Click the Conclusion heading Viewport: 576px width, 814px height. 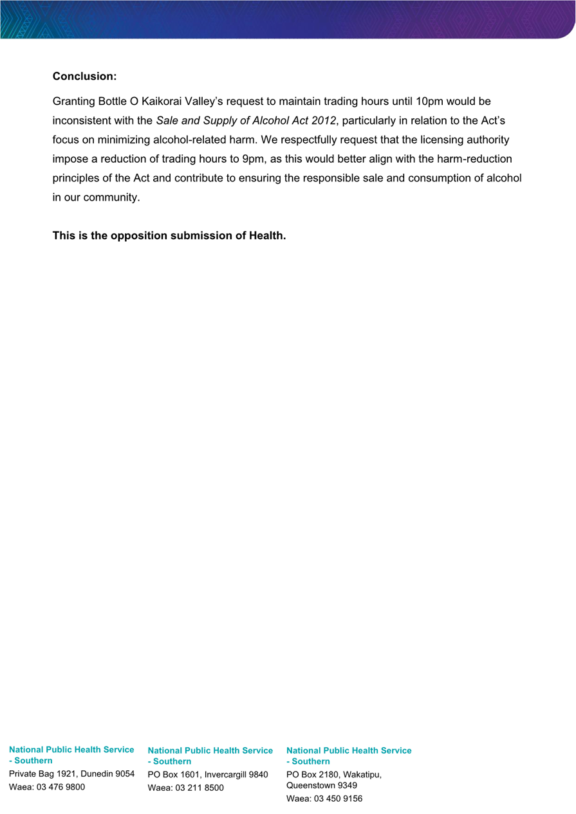(84, 77)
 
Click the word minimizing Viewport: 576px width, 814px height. (116, 140)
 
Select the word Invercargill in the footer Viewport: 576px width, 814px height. (225, 775)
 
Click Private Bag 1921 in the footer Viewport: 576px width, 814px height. (43, 773)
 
